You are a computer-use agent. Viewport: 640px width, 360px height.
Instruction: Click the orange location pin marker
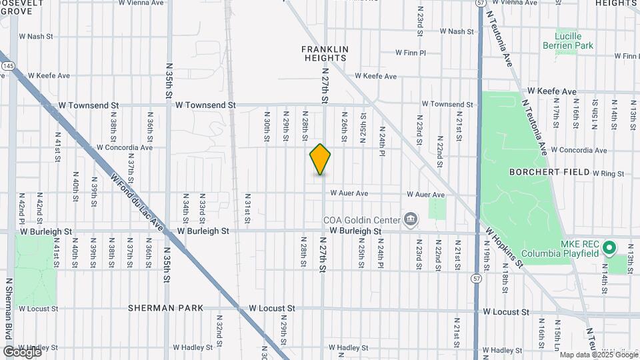(x=320, y=159)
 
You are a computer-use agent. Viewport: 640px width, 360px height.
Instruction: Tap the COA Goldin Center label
(x=361, y=220)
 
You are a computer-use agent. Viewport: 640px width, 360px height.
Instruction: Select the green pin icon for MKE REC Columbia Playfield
(x=609, y=248)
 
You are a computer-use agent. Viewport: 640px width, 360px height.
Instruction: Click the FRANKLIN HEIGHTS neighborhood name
(x=325, y=53)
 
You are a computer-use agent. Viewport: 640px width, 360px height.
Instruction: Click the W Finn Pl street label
(x=410, y=52)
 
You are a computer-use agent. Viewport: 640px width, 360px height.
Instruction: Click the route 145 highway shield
(x=7, y=67)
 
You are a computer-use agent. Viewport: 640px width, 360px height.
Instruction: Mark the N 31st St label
(x=247, y=212)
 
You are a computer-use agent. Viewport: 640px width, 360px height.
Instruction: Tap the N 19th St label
(x=486, y=257)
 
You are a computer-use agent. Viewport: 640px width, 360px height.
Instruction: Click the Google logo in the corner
(x=22, y=351)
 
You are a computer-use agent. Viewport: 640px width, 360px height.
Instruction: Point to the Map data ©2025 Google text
(x=589, y=354)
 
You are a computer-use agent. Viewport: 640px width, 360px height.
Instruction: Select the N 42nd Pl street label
(x=22, y=210)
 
